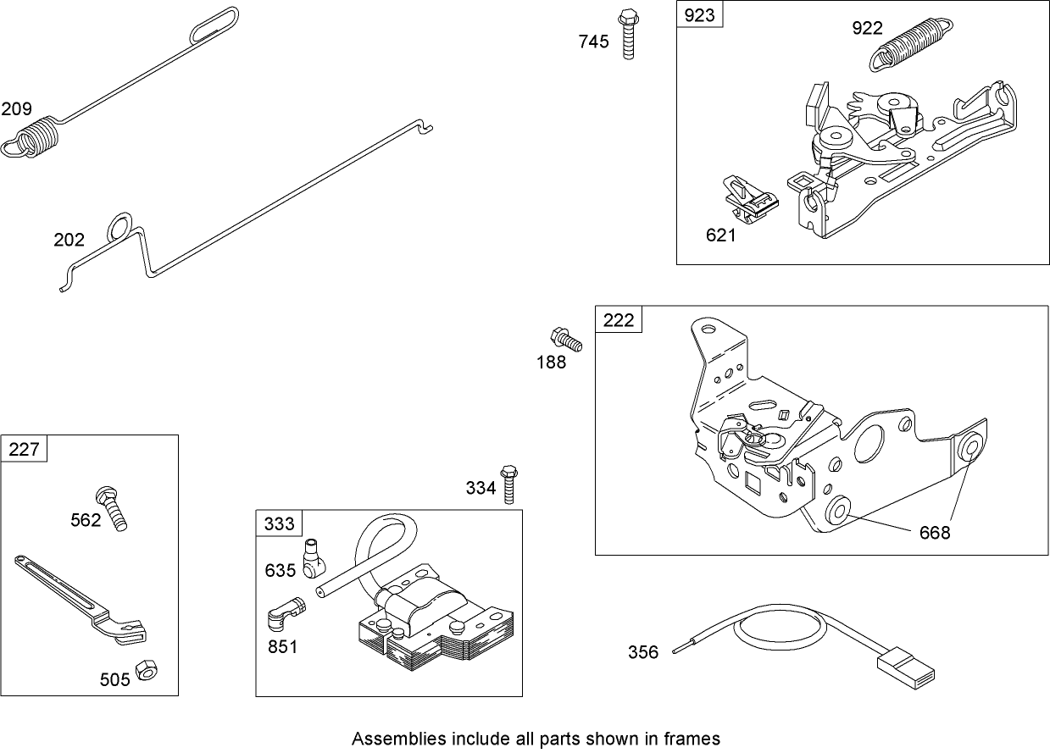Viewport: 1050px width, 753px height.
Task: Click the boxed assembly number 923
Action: coord(700,15)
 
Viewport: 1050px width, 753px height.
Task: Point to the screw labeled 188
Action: coord(566,339)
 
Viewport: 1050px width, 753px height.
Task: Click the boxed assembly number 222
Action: coord(619,320)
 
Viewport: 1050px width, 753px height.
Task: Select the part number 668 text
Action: coord(934,533)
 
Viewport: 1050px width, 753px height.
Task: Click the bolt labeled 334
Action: coord(508,484)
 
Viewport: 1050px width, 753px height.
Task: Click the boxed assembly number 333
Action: coord(280,523)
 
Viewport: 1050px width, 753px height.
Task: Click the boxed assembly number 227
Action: coord(25,449)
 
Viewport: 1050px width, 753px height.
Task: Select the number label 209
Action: coord(17,108)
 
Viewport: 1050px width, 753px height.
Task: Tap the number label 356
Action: coord(643,652)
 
